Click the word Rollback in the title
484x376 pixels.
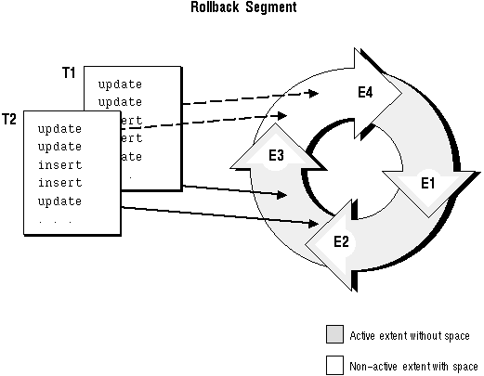(x=215, y=6)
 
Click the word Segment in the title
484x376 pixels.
(x=271, y=7)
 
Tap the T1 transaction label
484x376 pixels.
(x=69, y=72)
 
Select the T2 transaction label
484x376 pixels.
(x=9, y=119)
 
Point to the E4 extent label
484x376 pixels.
(x=365, y=92)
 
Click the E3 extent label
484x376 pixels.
(x=276, y=155)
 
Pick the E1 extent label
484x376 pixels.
(x=428, y=183)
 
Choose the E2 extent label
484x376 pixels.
(x=341, y=241)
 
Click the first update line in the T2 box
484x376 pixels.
(x=59, y=129)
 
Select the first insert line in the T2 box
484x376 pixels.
(x=60, y=164)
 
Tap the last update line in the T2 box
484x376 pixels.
(x=59, y=201)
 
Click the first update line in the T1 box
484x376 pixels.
(x=120, y=84)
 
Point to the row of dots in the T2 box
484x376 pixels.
(x=56, y=222)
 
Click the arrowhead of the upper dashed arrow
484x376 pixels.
(x=312, y=93)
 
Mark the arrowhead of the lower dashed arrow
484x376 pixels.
(x=281, y=116)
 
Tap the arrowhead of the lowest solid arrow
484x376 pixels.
(x=313, y=224)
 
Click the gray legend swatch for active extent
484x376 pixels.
(x=334, y=334)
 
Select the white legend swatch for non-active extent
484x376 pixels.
(x=334, y=365)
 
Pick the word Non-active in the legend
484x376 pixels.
(x=373, y=367)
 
